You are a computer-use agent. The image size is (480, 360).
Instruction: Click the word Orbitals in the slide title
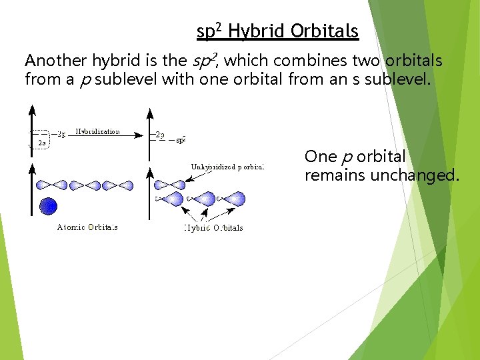coord(325,31)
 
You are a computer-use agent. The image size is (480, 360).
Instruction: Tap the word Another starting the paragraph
coord(55,61)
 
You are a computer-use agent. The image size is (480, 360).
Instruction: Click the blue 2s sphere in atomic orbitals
coord(48,206)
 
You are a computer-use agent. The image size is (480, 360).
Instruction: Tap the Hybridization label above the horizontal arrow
coord(97,132)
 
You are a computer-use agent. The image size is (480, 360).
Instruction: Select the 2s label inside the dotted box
coord(42,142)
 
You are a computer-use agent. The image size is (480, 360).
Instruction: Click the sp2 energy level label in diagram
coord(180,140)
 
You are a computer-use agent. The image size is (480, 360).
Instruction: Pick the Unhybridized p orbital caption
coord(227,167)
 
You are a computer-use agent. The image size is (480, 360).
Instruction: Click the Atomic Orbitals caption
coord(87,227)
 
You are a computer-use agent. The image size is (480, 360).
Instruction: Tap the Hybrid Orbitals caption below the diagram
coord(213,228)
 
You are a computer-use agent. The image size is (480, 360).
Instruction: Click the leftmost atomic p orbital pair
coord(51,185)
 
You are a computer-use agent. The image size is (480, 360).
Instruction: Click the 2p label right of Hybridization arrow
coord(160,134)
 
